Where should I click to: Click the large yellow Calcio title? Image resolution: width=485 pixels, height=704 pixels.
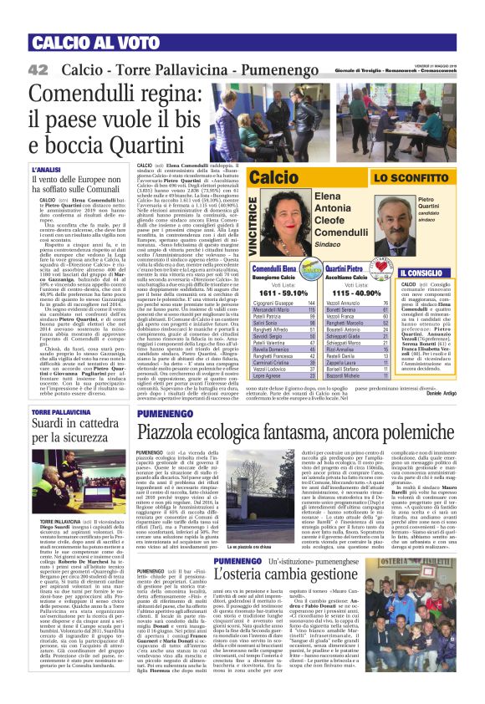273,177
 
